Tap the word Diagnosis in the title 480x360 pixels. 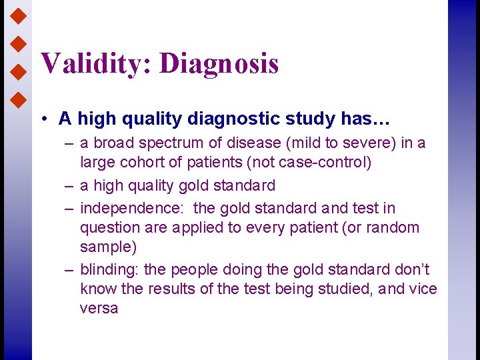(x=219, y=64)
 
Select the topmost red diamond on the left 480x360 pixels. (x=19, y=13)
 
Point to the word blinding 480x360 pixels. (x=109, y=270)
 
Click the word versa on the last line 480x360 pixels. (x=99, y=308)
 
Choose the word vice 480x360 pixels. (x=423, y=289)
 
